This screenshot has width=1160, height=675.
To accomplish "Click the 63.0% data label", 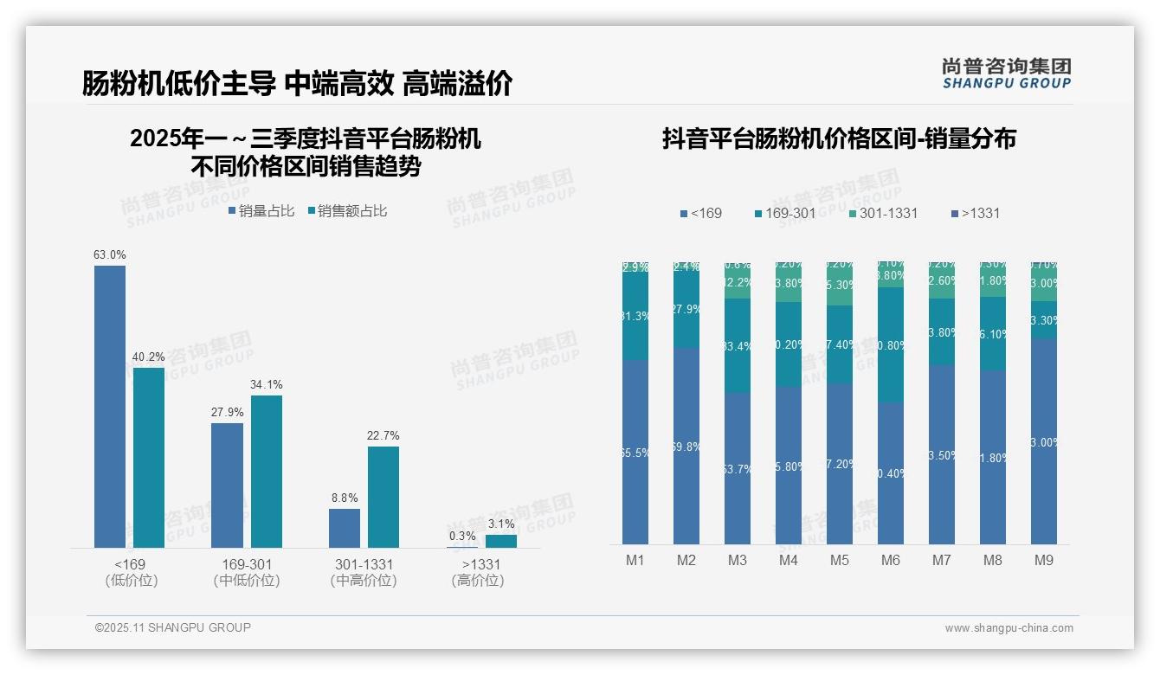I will click(110, 255).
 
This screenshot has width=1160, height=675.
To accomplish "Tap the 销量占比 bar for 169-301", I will click(227, 485).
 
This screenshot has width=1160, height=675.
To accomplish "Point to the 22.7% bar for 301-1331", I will click(383, 497).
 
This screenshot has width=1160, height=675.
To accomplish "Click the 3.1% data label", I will click(500, 524).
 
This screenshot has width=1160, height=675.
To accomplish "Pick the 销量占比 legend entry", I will click(261, 211).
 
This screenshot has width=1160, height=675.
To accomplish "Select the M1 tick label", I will click(635, 561).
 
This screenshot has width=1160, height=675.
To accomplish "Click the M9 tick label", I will click(1044, 561).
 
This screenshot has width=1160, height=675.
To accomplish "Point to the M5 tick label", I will click(839, 561).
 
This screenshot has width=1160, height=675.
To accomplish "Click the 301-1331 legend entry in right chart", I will click(882, 214).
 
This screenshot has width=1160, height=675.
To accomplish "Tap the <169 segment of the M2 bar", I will click(686, 446).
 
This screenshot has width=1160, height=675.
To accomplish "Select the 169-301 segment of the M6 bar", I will click(890, 344).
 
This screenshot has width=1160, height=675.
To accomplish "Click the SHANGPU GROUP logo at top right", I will click(1006, 74).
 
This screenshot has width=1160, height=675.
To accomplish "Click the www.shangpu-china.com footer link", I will click(1009, 628).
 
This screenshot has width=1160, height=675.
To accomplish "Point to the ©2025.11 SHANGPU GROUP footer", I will click(173, 628).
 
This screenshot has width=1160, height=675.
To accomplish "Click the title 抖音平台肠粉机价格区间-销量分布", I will click(839, 139).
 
